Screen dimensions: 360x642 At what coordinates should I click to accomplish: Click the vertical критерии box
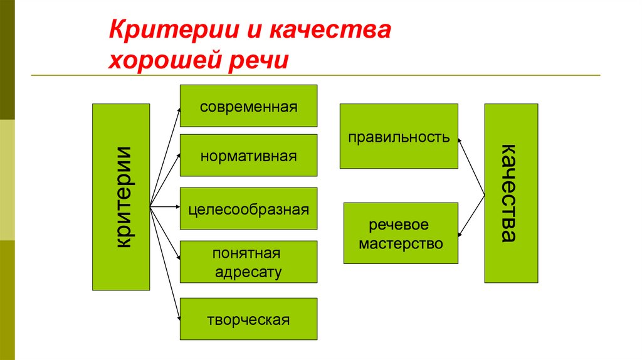121,197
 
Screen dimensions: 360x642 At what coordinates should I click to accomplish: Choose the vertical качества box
511,193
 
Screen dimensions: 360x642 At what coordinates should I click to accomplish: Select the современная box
248,106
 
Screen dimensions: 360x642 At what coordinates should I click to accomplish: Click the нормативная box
248,155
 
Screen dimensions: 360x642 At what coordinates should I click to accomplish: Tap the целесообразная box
248,208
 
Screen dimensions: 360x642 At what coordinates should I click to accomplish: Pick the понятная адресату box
248,262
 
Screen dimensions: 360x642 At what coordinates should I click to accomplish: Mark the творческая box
248,319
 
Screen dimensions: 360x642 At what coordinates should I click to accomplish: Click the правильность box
399,136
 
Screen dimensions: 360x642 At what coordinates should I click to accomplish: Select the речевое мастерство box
401,233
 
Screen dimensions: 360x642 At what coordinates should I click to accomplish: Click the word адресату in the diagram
248,272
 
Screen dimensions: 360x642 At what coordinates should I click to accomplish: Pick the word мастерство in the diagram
401,243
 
